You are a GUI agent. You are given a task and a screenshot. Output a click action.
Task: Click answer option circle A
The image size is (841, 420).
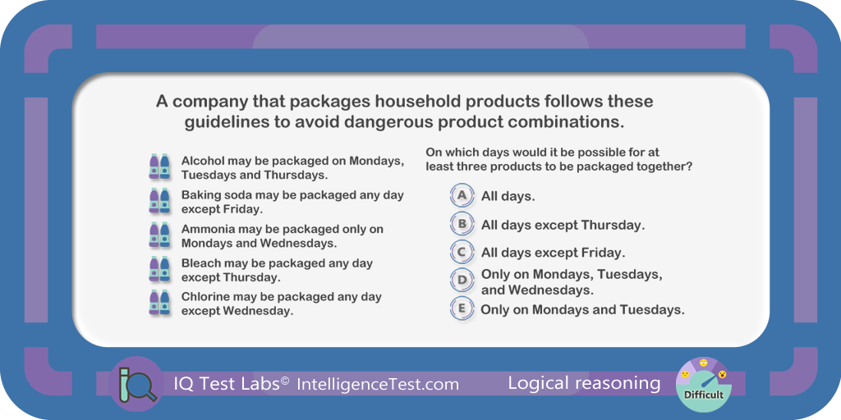[x=462, y=196]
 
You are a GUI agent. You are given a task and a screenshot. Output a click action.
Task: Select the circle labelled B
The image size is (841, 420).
[x=462, y=225]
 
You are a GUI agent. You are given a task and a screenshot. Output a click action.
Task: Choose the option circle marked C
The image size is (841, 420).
[x=462, y=252]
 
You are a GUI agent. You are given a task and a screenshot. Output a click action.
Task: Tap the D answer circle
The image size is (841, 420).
[x=462, y=280]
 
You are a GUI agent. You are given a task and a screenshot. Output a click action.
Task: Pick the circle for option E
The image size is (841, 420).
[x=462, y=309]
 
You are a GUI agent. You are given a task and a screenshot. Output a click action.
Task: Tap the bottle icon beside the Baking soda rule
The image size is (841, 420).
[x=159, y=201]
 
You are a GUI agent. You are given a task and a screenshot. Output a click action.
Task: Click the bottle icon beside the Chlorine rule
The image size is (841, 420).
[x=159, y=303]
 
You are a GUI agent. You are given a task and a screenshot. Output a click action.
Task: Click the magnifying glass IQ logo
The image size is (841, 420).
[x=136, y=383]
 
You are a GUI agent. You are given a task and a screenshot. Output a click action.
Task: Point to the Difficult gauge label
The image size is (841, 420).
[x=703, y=395]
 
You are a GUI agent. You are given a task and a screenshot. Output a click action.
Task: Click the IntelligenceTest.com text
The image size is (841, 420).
[x=378, y=384]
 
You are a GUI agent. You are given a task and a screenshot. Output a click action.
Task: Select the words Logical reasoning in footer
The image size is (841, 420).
[x=584, y=383]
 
